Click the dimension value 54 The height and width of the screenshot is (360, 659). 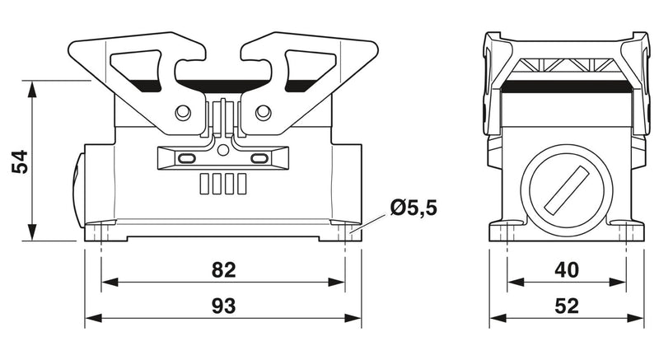pos(20,161)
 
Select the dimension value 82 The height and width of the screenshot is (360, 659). pos(223,269)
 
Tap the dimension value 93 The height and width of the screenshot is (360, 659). pos(223,306)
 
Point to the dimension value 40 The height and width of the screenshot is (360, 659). pos(567,269)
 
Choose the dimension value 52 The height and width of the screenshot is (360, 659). pos(567,306)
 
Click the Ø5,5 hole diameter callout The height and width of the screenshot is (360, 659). pos(414,208)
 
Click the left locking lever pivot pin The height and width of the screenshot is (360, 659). pos(183,112)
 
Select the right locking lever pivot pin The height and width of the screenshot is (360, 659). pos(263,112)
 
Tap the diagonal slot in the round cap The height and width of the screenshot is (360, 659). pos(566,189)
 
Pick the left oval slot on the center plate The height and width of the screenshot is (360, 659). pos(187,158)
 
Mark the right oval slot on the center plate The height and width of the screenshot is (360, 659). pos(259,158)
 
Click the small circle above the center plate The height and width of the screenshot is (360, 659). pos(223,150)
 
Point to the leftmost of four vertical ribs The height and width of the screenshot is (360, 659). pos(203,184)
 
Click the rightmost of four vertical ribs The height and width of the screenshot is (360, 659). pos(241,184)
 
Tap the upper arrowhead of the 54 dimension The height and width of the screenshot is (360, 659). pos(32,89)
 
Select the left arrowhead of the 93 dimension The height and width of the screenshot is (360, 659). pos(93,318)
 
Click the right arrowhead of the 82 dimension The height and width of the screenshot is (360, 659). pos(336,282)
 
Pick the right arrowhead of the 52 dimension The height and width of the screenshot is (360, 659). pos(635,318)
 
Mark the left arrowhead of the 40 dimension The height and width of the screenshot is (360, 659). pos(516,282)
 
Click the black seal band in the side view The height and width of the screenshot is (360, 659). pos(567,86)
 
